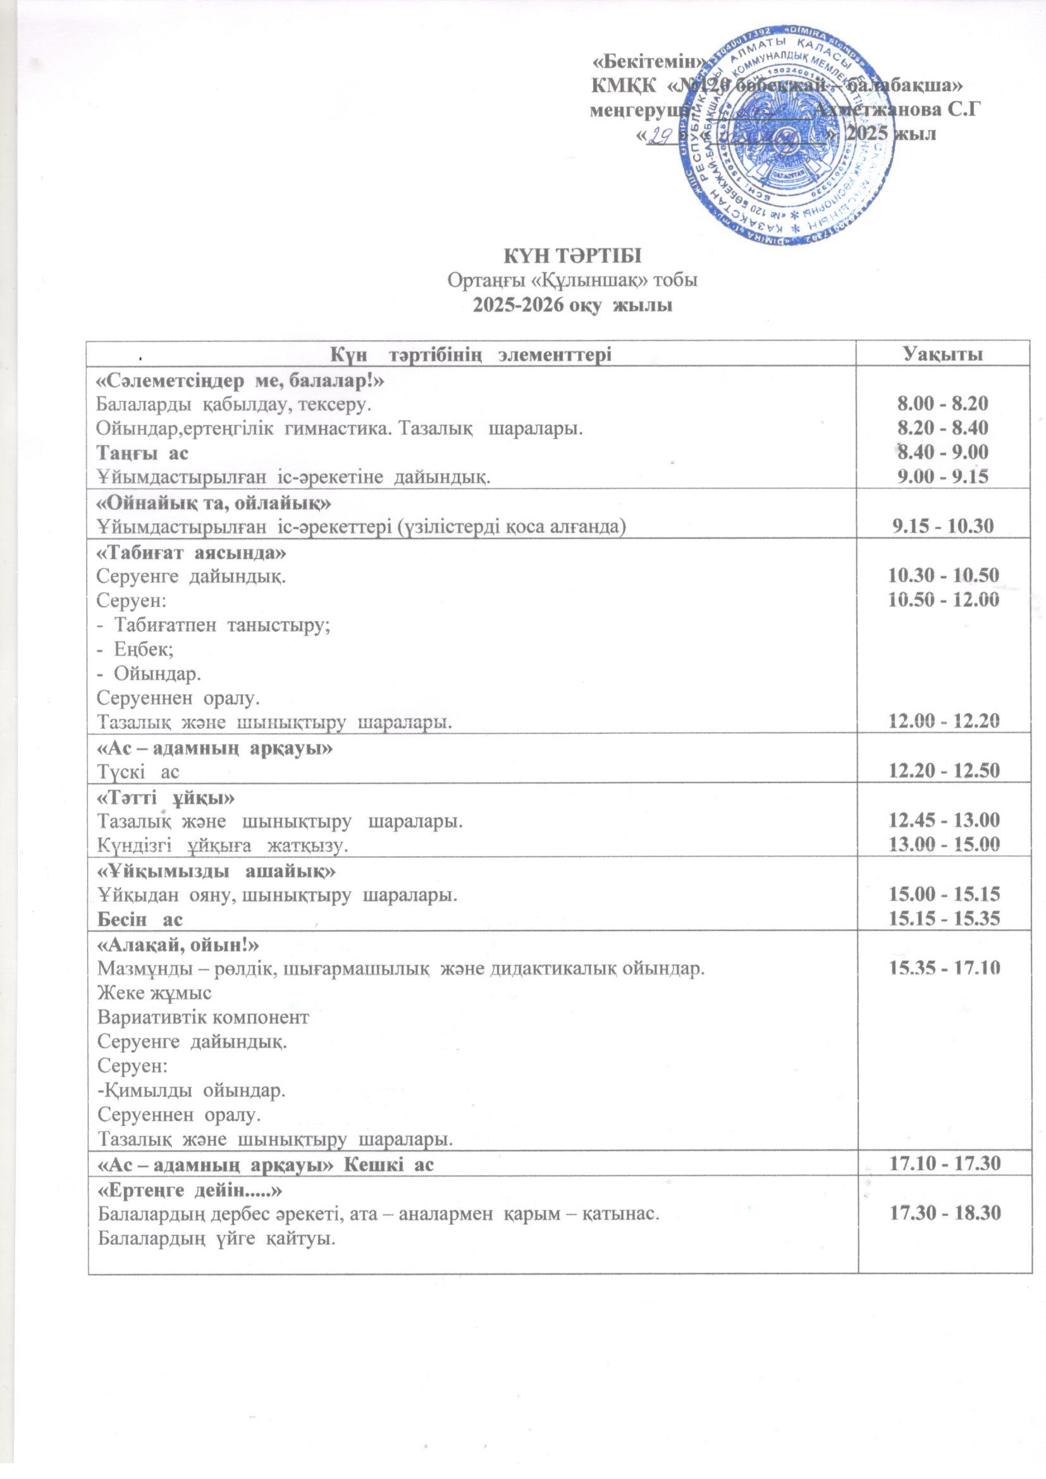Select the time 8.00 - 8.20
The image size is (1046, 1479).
pyautogui.click(x=943, y=404)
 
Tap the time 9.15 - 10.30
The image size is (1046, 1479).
pyautogui.click(x=944, y=526)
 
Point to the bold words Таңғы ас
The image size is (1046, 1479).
pyautogui.click(x=142, y=453)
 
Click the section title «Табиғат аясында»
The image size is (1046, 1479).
pyautogui.click(x=190, y=553)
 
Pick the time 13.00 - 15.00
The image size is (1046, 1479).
pyautogui.click(x=944, y=845)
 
